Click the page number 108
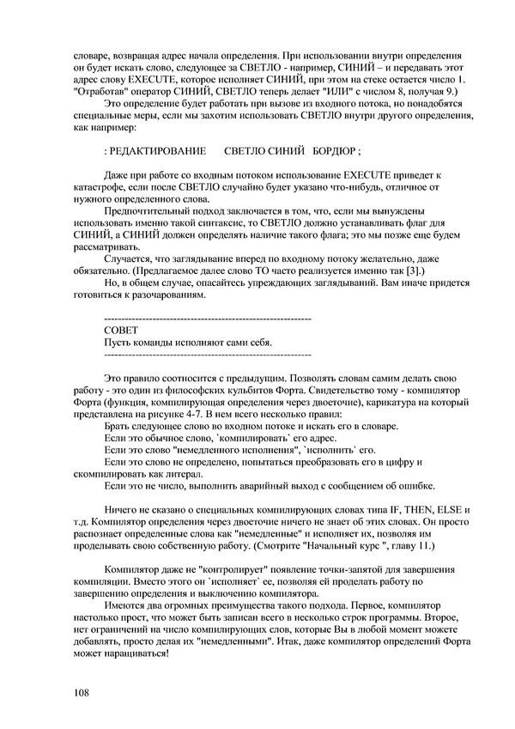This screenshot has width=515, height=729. click(82, 692)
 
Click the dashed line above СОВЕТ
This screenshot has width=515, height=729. click(206, 319)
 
